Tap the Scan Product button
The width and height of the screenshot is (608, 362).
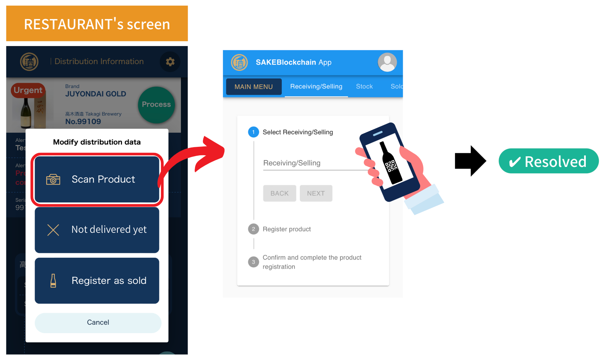point(97,179)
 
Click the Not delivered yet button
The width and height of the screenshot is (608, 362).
point(97,230)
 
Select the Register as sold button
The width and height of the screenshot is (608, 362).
point(97,281)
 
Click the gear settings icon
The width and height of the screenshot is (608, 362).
point(170,62)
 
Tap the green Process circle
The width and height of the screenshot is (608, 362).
point(156,105)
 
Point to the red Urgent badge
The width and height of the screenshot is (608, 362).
point(28,90)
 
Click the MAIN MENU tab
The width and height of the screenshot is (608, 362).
point(254,87)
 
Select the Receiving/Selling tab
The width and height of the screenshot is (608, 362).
point(316,87)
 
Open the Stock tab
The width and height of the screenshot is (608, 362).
point(364,87)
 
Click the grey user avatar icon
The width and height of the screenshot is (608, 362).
point(387,62)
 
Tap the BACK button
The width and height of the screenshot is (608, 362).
point(279,193)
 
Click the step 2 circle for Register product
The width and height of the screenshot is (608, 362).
point(253,229)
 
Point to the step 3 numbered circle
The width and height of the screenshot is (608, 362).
point(253,262)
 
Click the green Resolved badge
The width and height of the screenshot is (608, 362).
point(548,161)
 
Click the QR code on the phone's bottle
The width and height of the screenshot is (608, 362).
point(391,166)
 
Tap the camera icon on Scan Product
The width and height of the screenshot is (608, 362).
point(53,180)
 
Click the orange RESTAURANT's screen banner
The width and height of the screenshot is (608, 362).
point(97,24)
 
